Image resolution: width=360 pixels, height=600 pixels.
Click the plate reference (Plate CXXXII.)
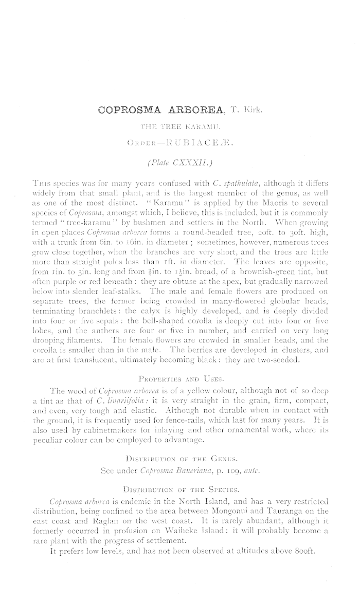(x=180, y=163)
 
